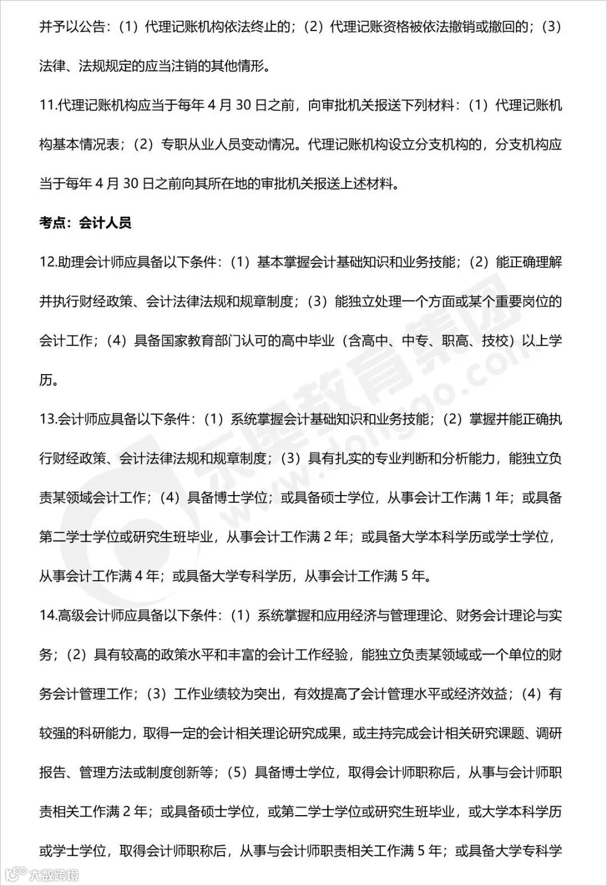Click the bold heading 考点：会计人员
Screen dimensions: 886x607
[x=85, y=223]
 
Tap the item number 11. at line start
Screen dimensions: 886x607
[x=48, y=106]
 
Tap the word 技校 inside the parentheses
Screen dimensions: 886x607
[x=495, y=341]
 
